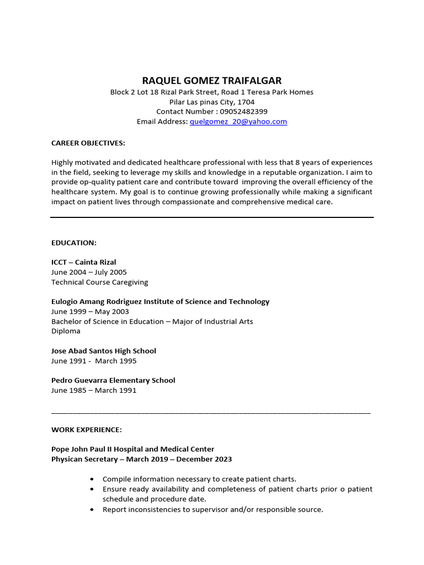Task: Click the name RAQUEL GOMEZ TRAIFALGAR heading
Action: (x=211, y=81)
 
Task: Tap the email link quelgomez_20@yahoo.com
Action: (x=238, y=121)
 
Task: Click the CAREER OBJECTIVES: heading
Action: (x=88, y=143)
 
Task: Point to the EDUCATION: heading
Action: (x=74, y=242)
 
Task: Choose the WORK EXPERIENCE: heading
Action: (x=87, y=429)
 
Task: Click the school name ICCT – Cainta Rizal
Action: (x=83, y=262)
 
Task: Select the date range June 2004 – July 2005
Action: (x=89, y=272)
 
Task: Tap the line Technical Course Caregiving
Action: (x=99, y=282)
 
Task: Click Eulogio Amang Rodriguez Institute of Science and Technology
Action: (x=160, y=301)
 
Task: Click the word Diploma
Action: (x=66, y=331)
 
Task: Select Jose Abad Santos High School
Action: (x=103, y=351)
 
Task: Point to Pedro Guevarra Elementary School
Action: (x=113, y=380)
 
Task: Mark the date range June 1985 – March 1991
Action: (x=93, y=390)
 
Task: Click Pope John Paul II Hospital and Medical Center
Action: (x=132, y=449)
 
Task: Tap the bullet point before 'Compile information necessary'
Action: (x=91, y=479)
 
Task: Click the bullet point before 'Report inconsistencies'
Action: (x=91, y=510)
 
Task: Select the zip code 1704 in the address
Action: (x=246, y=102)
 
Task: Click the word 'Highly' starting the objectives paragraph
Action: (x=62, y=162)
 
